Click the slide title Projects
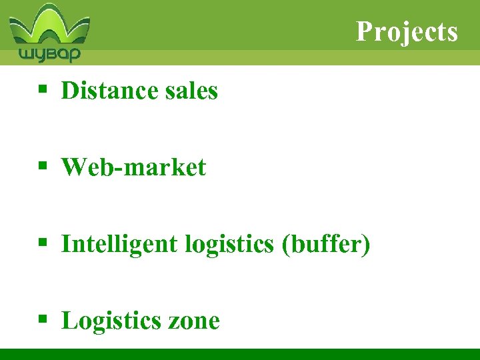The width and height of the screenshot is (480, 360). click(407, 31)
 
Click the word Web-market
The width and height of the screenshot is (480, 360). click(133, 167)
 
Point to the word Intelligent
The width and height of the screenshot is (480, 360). click(119, 244)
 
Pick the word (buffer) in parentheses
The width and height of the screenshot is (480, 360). click(326, 244)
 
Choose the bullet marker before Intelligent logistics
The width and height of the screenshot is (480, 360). click(42, 244)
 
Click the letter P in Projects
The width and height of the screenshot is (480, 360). click(363, 31)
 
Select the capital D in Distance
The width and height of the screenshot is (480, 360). click(69, 90)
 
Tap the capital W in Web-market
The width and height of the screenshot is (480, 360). click(73, 167)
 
